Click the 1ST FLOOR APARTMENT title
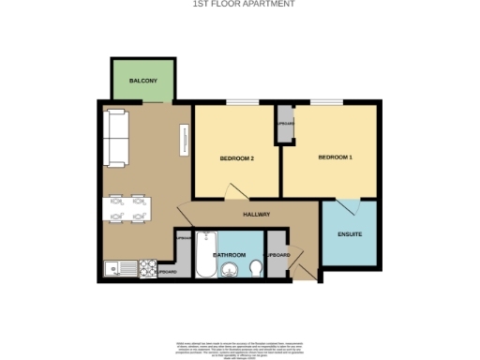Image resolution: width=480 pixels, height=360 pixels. (239, 5)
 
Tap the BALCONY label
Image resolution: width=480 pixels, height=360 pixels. (142, 81)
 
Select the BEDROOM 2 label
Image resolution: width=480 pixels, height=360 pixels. (237, 158)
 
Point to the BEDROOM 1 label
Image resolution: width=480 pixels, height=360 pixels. (335, 157)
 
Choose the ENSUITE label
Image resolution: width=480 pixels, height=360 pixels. (350, 233)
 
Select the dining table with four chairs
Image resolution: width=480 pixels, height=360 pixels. (126, 208)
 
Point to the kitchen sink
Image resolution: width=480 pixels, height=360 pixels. (118, 267)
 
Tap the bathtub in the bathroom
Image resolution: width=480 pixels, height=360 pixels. (204, 254)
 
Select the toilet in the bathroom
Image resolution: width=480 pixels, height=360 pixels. (255, 270)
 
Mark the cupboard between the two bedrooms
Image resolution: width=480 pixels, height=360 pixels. (283, 128)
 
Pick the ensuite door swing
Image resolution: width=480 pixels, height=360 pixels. (347, 208)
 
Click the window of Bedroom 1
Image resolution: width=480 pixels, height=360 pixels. (327, 101)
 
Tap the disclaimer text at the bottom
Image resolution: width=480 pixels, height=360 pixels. (239, 346)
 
